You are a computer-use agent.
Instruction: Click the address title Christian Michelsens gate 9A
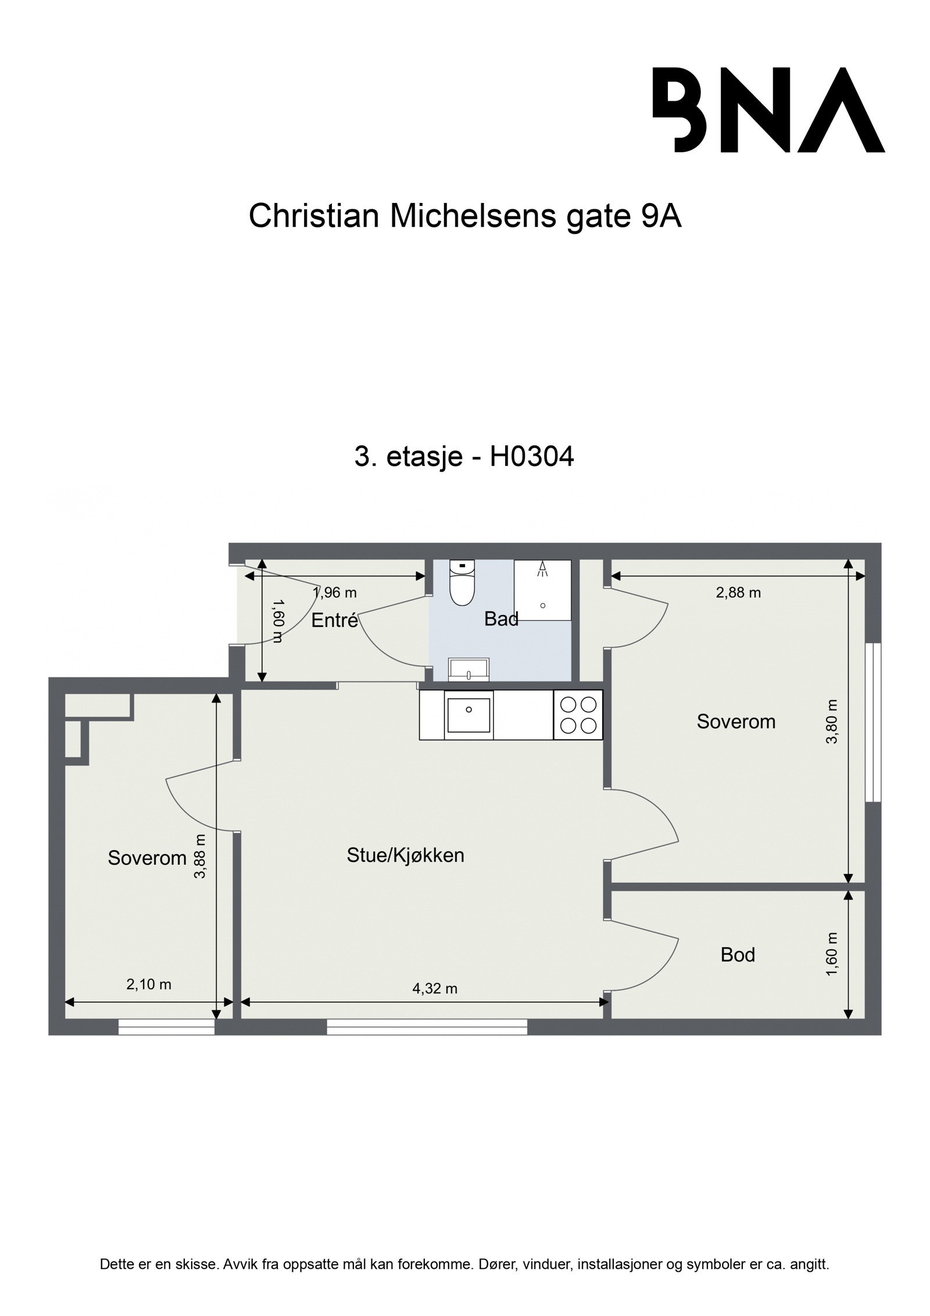pos(464,217)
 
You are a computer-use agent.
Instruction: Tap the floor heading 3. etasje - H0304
pos(464,457)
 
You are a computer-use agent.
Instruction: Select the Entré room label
pos(334,620)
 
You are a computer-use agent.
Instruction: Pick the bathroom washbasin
pos(469,669)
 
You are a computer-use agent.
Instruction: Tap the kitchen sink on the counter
pos(468,715)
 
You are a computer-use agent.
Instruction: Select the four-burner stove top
pos(578,715)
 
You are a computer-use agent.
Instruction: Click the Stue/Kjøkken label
pos(405,855)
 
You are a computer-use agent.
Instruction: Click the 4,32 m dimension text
pos(435,988)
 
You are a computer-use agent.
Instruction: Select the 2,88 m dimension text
pos(738,593)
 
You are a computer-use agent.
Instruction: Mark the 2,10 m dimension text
pos(149,984)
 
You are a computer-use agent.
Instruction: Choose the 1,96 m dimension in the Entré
pos(334,593)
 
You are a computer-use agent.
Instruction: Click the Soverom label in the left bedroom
pos(147,858)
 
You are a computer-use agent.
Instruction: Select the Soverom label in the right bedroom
pos(736,722)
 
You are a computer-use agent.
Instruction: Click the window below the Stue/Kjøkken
pos(427,1027)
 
